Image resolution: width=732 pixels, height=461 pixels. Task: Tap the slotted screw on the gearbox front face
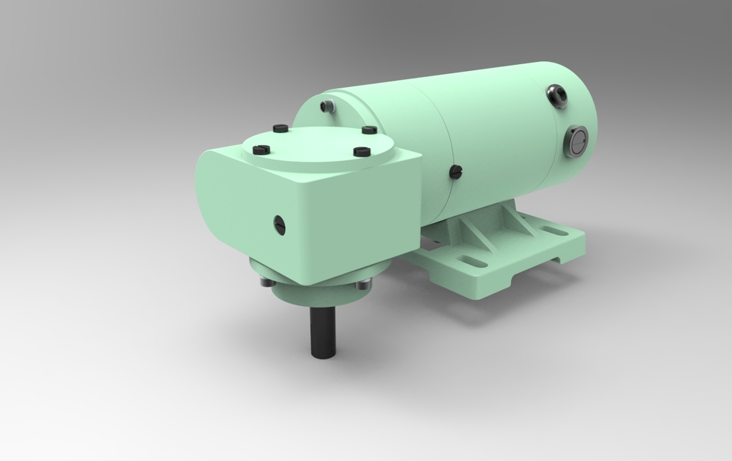(279, 224)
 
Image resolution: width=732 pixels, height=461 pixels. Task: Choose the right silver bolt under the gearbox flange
(361, 286)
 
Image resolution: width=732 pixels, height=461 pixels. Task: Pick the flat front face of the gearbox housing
(343, 221)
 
